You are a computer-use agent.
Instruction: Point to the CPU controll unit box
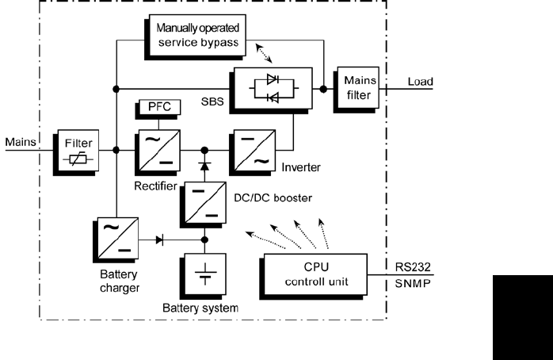pyautogui.click(x=315, y=274)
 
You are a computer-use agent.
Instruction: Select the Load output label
pyautogui.click(x=420, y=81)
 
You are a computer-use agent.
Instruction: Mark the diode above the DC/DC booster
pyautogui.click(x=205, y=167)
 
